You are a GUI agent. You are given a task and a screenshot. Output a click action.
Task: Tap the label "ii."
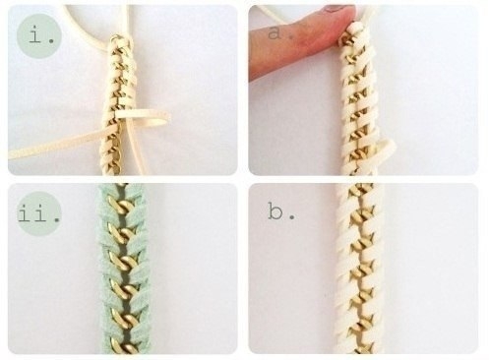click(x=39, y=213)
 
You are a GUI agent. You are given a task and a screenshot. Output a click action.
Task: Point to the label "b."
click(x=281, y=211)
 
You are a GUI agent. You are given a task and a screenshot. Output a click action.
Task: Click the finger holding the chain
click(x=302, y=39)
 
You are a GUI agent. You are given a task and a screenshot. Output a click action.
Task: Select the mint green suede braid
click(x=122, y=269)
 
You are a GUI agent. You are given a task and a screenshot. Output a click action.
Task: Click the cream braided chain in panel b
click(x=360, y=269)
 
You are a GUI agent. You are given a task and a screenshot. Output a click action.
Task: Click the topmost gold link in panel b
click(x=360, y=190)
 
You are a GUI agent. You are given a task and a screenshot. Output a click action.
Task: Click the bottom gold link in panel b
click(x=360, y=348)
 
